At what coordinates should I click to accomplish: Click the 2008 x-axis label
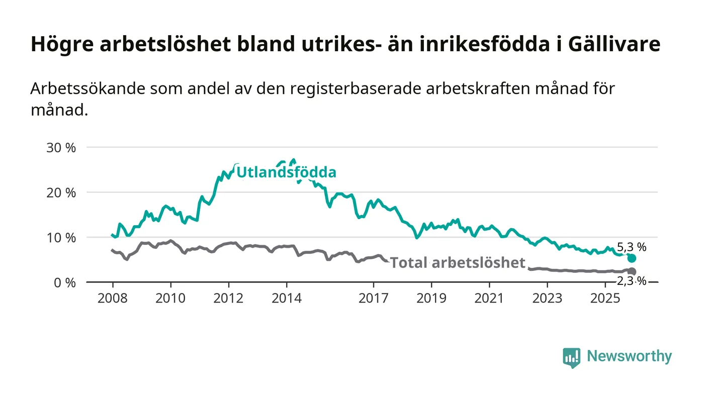[113, 298]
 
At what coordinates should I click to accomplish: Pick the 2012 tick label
[229, 298]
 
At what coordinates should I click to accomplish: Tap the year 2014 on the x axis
[287, 298]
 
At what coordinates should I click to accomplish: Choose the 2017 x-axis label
[374, 298]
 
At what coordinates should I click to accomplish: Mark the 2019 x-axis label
[431, 298]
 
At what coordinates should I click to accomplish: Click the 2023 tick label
[548, 298]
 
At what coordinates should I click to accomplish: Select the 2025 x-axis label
[605, 298]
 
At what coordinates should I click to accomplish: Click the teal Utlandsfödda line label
[286, 172]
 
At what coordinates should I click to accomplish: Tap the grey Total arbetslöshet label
[458, 262]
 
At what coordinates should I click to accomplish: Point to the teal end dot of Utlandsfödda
[632, 258]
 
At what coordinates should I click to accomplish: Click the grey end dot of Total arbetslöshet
[632, 272]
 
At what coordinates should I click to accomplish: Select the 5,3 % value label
[632, 247]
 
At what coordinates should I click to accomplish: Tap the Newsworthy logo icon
[571, 357]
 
